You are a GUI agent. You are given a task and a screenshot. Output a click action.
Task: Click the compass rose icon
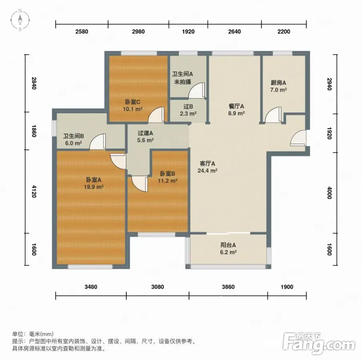pyautogui.click(x=20, y=20)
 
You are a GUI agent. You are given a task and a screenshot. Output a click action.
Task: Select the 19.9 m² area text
pyautogui.click(x=94, y=186)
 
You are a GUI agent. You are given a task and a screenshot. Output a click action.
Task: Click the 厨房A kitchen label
pyautogui.click(x=278, y=83)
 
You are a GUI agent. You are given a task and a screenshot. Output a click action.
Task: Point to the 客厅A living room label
pyautogui.click(x=207, y=164)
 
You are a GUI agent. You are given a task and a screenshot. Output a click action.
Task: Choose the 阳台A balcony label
pyautogui.click(x=228, y=245)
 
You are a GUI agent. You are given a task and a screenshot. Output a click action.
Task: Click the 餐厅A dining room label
pyautogui.click(x=236, y=106)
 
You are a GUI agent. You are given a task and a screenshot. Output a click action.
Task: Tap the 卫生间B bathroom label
pyautogui.click(x=72, y=136)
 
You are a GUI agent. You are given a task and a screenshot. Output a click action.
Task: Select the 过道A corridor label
pyautogui.click(x=145, y=133)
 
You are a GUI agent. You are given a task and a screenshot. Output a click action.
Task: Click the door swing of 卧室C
pyautogui.click(x=156, y=114)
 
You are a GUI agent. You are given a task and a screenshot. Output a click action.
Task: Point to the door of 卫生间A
pyautogui.click(x=196, y=90)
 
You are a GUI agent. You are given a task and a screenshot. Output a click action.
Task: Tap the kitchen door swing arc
pyautogui.click(x=273, y=114)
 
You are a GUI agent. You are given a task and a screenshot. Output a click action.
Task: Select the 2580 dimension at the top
pyautogui.click(x=82, y=32)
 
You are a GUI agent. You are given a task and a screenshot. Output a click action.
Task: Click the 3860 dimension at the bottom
pyautogui.click(x=228, y=287)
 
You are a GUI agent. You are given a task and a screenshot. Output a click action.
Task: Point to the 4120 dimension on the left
pyautogui.click(x=34, y=191)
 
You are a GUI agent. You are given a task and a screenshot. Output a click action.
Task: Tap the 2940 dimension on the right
pyautogui.click(x=329, y=84)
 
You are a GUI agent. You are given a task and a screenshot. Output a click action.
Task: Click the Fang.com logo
pyautogui.click(x=319, y=343)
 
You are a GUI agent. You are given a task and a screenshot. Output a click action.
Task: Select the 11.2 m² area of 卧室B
pyautogui.click(x=168, y=180)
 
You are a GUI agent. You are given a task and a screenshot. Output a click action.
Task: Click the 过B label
pyautogui.click(x=188, y=107)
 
